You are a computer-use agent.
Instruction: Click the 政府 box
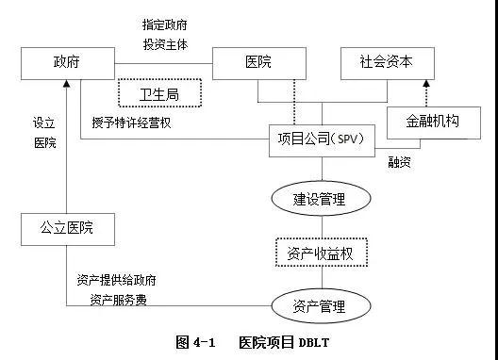[67, 63]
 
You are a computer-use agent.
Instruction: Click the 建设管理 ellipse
[320, 199]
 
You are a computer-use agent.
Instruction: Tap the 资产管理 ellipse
[320, 306]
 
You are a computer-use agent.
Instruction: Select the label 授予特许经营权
[131, 123]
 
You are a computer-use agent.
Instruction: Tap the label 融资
[400, 162]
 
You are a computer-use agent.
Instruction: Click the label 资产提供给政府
[116, 281]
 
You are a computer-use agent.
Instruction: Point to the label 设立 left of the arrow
[44, 123]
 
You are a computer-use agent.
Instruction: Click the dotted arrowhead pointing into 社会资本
[426, 83]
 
